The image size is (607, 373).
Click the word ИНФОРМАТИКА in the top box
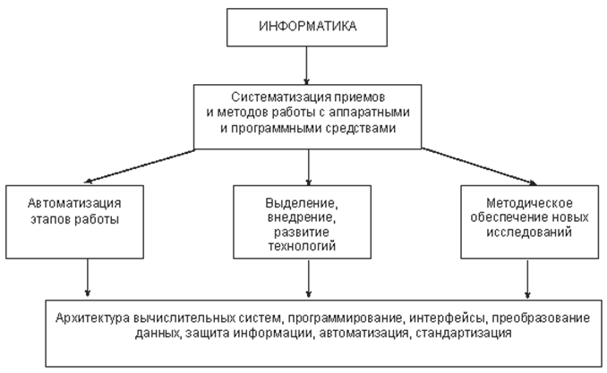pyautogui.click(x=307, y=26)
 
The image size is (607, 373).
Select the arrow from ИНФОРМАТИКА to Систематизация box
pyautogui.click(x=306, y=65)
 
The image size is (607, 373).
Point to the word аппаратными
pyautogui.click(x=370, y=112)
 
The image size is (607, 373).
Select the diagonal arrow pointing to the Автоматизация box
pyautogui.click(x=140, y=166)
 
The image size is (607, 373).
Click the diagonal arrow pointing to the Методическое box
pyautogui.click(x=479, y=166)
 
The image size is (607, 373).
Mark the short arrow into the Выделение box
pyautogui.click(x=309, y=167)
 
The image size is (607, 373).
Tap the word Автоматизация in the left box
pyautogui.click(x=74, y=203)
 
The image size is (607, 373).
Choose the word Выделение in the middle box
pyautogui.click(x=300, y=203)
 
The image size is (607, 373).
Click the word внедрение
pyautogui.click(x=302, y=217)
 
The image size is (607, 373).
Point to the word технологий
pyautogui.click(x=302, y=246)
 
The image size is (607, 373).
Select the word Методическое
pyautogui.click(x=529, y=203)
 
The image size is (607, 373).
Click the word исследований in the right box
pyautogui.click(x=529, y=233)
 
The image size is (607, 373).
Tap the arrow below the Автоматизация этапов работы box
pyautogui.click(x=88, y=278)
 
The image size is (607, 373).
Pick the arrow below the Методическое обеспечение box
pyautogui.click(x=527, y=279)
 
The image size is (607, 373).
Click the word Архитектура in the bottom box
pyautogui.click(x=92, y=318)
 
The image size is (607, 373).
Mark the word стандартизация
pyautogui.click(x=464, y=333)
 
